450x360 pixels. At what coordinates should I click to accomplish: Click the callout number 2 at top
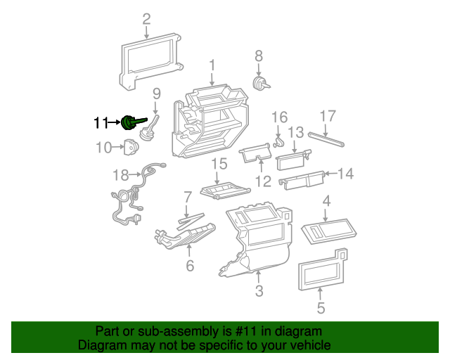146,19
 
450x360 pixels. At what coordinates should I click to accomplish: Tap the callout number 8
258,56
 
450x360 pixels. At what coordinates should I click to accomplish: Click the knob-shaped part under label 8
261,84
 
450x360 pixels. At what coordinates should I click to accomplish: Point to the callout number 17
328,116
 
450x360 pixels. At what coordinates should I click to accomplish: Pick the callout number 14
346,173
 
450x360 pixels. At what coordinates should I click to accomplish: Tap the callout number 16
279,117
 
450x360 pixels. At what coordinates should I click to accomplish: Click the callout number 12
262,181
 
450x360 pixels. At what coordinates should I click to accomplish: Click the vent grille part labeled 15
224,191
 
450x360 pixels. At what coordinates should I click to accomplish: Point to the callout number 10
104,147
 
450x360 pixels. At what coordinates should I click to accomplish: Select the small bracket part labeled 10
131,148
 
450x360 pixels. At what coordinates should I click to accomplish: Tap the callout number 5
321,307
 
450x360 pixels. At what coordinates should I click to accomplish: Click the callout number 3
259,291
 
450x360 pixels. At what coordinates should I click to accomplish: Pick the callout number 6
189,266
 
